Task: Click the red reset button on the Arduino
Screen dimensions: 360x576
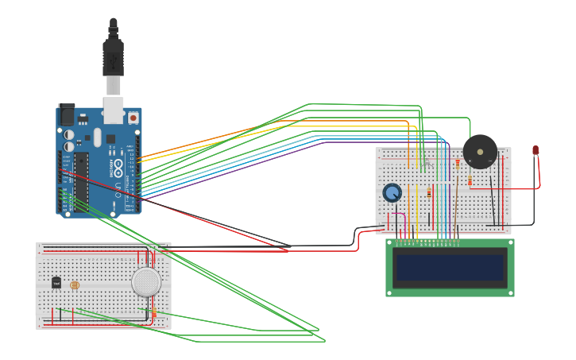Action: coord(133,118)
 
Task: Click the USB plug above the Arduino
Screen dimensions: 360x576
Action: coord(113,60)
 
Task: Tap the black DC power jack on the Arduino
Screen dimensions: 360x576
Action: coord(67,115)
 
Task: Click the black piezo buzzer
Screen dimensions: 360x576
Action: coord(480,151)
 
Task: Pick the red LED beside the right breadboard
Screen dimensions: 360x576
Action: coord(535,149)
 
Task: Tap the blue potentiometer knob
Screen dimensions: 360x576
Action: coord(392,192)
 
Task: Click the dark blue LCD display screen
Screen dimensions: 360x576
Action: coord(450,267)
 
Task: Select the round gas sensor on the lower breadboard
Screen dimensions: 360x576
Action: coord(146,282)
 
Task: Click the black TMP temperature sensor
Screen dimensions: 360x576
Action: coord(56,282)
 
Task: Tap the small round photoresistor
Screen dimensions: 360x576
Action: coord(75,285)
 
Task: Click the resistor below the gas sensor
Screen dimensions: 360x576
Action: coord(153,313)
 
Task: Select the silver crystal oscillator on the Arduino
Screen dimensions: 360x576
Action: coord(98,137)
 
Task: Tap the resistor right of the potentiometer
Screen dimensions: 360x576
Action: coord(429,193)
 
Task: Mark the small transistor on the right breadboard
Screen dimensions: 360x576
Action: coord(426,164)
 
